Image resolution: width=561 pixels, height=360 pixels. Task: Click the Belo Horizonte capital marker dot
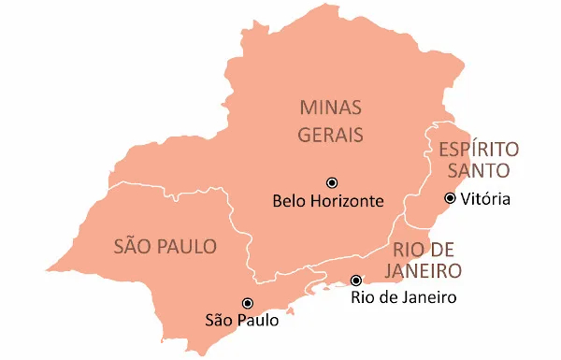331,182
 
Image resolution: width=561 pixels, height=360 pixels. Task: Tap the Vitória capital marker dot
450,198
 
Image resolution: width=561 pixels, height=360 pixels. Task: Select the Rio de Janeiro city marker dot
355,281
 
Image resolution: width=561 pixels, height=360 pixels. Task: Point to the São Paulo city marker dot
247,303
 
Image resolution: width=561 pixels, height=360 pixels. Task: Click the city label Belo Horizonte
327,201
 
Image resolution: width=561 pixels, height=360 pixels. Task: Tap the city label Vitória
486,198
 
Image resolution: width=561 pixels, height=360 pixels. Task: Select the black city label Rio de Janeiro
403,299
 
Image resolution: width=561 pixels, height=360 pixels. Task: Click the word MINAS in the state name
330,107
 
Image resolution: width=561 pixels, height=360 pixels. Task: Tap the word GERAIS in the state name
330,135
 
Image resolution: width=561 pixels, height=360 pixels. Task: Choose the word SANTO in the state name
478,171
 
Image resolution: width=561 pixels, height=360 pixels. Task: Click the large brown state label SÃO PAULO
165,248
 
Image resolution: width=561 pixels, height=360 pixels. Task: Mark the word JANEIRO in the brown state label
427,272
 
